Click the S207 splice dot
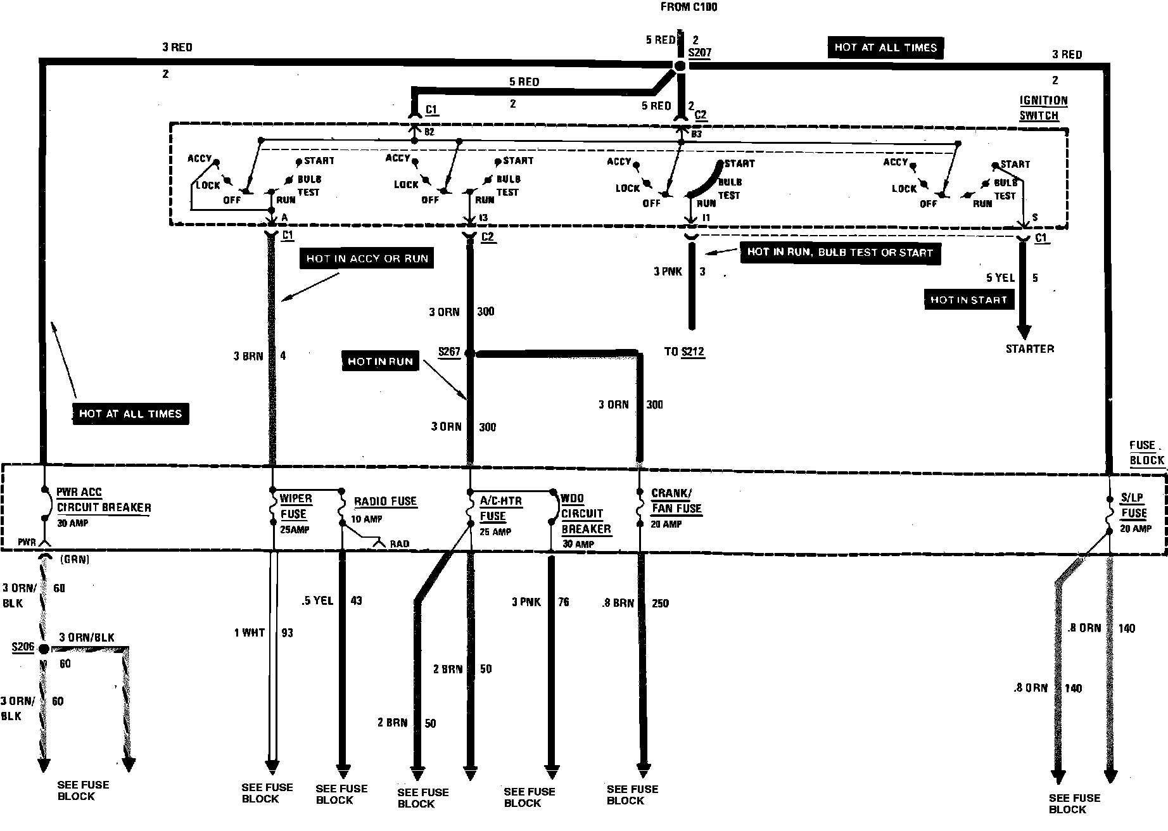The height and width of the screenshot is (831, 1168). [x=679, y=67]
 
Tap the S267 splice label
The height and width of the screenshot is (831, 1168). [x=449, y=352]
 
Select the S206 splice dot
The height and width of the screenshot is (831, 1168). [x=44, y=649]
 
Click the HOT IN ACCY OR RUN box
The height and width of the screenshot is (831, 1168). [x=367, y=258]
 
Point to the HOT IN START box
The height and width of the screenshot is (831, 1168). [x=968, y=300]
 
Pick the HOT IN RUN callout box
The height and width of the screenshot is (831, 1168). [x=380, y=362]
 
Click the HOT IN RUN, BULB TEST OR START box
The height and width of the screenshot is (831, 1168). [x=840, y=252]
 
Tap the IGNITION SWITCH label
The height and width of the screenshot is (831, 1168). [x=1043, y=108]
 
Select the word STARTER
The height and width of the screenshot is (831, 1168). [x=1030, y=349]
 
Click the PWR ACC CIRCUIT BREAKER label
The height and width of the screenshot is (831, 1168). [x=104, y=500]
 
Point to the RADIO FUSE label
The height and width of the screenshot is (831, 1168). [x=385, y=502]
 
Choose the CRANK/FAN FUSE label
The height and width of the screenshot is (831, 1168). [x=676, y=501]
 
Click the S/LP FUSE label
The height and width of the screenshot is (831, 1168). [x=1133, y=505]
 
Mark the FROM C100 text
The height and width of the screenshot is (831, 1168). [x=689, y=8]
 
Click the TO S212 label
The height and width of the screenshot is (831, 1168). [x=685, y=352]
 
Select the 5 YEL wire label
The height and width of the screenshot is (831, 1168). [x=1001, y=278]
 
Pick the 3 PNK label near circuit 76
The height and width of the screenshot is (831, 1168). [x=526, y=602]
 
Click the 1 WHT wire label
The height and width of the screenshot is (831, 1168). [x=250, y=633]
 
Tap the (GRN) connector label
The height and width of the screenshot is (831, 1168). [x=74, y=559]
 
